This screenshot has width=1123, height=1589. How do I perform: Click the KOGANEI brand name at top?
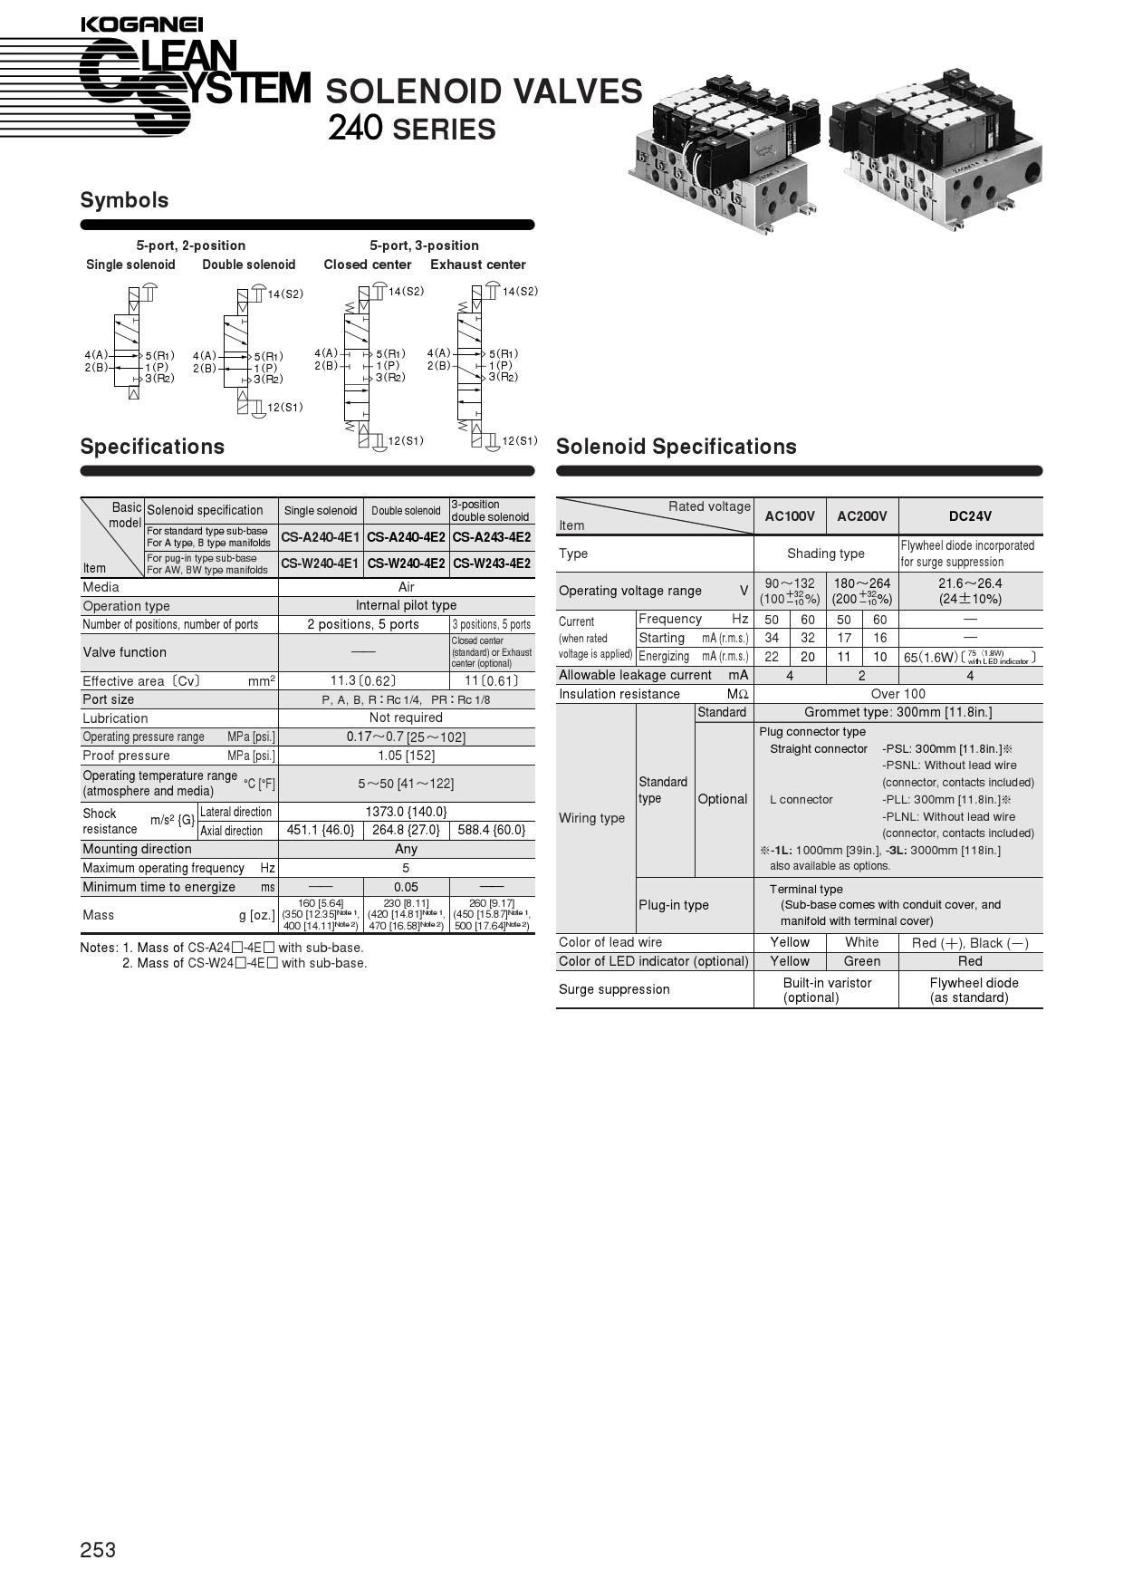(141, 24)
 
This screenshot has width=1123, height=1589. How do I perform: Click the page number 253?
(98, 1549)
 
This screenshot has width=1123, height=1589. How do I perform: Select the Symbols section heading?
(124, 200)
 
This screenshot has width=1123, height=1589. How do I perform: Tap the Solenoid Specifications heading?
(676, 447)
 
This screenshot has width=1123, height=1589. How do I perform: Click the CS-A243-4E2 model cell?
(492, 537)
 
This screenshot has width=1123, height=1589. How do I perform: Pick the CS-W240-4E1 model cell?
(320, 563)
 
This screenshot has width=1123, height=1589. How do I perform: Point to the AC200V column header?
(861, 516)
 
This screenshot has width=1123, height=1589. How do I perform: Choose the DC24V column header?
(970, 516)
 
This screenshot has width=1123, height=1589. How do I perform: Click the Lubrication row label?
(115, 718)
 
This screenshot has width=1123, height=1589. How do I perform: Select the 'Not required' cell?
(406, 717)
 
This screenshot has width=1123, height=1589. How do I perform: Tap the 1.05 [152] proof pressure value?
(406, 756)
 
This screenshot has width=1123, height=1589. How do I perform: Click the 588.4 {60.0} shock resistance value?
(492, 830)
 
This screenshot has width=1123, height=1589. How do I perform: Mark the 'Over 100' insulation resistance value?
(897, 694)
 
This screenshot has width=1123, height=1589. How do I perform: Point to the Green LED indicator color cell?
(861, 961)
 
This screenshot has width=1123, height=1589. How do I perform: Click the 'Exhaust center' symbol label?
(477, 265)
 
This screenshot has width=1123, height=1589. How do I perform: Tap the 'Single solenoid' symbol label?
(130, 265)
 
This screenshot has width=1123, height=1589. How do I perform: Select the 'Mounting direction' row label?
(137, 849)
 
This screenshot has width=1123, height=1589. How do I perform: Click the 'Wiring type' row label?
(591, 818)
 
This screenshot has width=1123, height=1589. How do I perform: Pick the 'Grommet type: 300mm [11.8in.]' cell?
(897, 712)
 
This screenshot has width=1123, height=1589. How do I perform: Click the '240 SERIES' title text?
(411, 129)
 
